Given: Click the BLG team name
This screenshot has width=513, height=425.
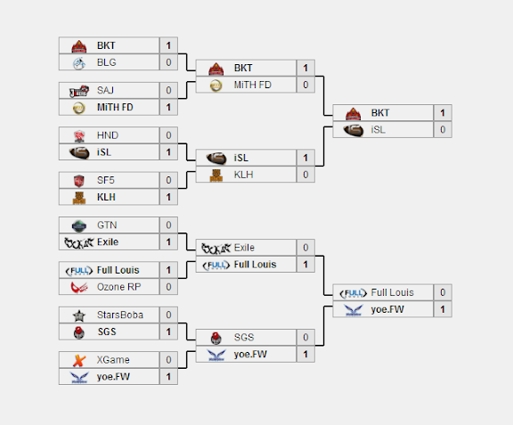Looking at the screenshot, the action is [x=106, y=62].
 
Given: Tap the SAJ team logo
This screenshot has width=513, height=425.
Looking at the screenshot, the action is [x=79, y=91].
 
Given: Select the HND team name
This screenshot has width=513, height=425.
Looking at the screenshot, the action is [x=107, y=135].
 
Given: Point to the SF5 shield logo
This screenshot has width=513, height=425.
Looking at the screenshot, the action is [x=79, y=180].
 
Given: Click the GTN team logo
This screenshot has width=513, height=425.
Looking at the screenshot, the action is [x=79, y=225].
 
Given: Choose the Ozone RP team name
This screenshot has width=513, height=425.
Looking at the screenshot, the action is [x=118, y=287].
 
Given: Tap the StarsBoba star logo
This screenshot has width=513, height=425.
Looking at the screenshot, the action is [x=79, y=315].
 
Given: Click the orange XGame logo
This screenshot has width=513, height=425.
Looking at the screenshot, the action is [x=79, y=360].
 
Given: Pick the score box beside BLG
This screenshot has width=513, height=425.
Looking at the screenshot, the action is [x=168, y=62].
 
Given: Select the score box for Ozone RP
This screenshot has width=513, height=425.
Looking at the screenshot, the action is [x=168, y=287].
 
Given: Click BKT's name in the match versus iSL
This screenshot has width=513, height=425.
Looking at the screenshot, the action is [x=379, y=113].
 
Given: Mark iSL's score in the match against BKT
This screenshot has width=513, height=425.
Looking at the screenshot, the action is [x=443, y=130].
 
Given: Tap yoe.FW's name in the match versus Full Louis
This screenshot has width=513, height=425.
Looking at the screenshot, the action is [x=387, y=309].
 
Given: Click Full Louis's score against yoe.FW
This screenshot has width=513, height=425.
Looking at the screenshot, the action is [x=443, y=292].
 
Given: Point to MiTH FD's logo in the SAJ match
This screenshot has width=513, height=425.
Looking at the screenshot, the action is [x=79, y=108].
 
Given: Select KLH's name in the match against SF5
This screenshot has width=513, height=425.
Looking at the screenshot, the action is [x=106, y=197].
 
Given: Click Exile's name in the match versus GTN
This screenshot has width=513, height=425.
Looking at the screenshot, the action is [x=108, y=242].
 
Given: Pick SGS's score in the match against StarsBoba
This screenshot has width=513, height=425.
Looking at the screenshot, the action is [x=168, y=331].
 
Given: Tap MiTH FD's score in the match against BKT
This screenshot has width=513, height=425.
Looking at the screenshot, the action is [x=305, y=85].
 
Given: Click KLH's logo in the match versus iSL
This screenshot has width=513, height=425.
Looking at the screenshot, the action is [x=216, y=176].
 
